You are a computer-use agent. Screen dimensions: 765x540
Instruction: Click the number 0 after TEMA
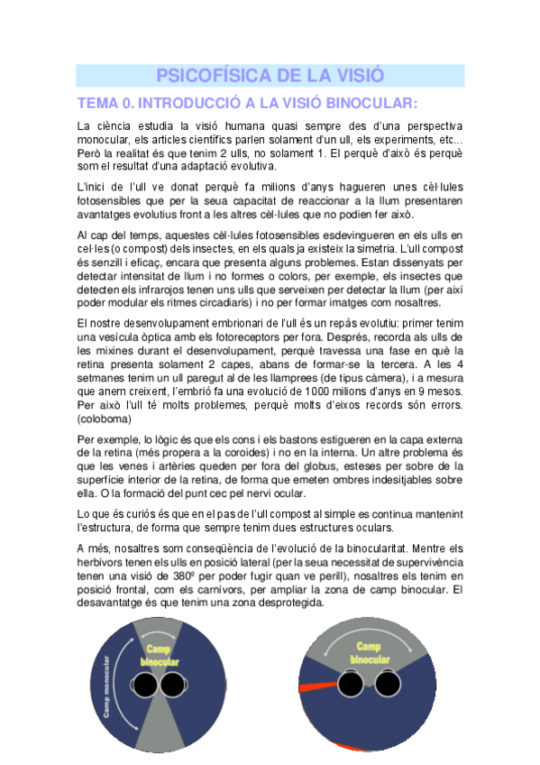coord(125,103)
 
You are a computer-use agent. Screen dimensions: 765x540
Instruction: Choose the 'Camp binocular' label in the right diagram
coord(369,652)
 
